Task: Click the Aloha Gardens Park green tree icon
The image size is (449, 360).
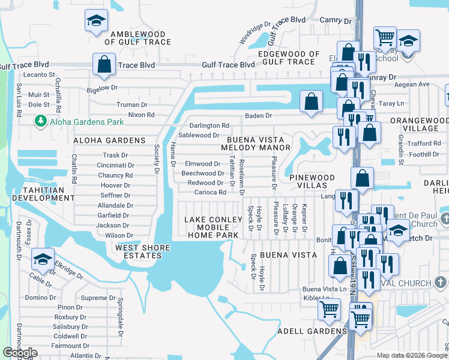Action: (x=41, y=122)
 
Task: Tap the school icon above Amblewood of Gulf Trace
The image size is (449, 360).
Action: (x=95, y=22)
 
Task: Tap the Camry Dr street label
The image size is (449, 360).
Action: (x=331, y=20)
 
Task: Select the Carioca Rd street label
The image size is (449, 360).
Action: (x=210, y=193)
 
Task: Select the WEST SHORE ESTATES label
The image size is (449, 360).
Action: (x=139, y=251)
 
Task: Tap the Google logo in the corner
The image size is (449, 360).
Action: (x=20, y=353)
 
